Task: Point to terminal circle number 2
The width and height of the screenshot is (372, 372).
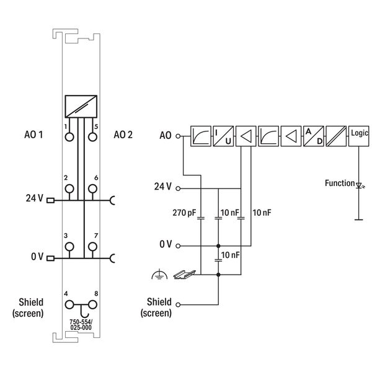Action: tap(70, 188)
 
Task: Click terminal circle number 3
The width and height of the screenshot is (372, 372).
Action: tap(70, 247)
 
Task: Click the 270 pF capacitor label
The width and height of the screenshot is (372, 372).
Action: tap(184, 212)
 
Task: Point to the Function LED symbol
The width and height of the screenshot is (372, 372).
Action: tap(359, 184)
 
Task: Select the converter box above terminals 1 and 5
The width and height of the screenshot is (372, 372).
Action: tap(81, 106)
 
